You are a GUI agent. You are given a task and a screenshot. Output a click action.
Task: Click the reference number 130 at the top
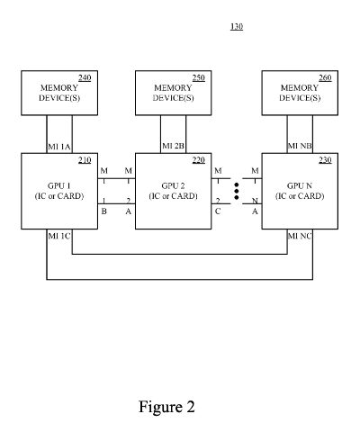(237, 26)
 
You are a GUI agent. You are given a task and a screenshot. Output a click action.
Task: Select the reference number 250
(198, 78)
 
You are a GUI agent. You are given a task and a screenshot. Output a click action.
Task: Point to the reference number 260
(325, 78)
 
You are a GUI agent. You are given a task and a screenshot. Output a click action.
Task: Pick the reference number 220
(198, 160)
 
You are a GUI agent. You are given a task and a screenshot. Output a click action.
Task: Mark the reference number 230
(325, 160)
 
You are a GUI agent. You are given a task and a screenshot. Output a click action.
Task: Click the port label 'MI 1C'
(59, 236)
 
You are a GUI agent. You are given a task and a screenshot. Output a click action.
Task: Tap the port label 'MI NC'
(300, 236)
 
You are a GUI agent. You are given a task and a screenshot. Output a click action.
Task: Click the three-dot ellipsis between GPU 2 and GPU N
(236, 191)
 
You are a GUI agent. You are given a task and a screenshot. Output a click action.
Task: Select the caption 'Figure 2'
(166, 406)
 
